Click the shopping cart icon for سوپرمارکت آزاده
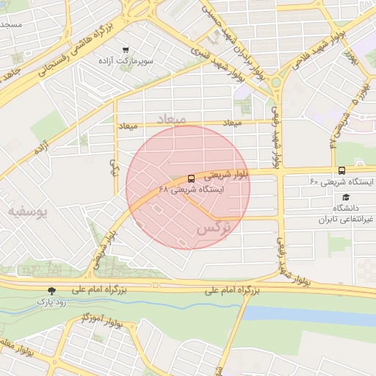[x=126, y=51]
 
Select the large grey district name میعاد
[x=170, y=117]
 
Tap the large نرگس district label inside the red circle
[x=214, y=229]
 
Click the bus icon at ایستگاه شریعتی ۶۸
[x=192, y=178]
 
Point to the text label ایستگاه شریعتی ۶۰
[x=341, y=181]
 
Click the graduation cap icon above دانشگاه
[x=346, y=197]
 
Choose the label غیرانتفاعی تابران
[x=346, y=219]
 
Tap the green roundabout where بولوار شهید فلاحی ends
[x=276, y=82]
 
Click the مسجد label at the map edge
[x=11, y=24]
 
